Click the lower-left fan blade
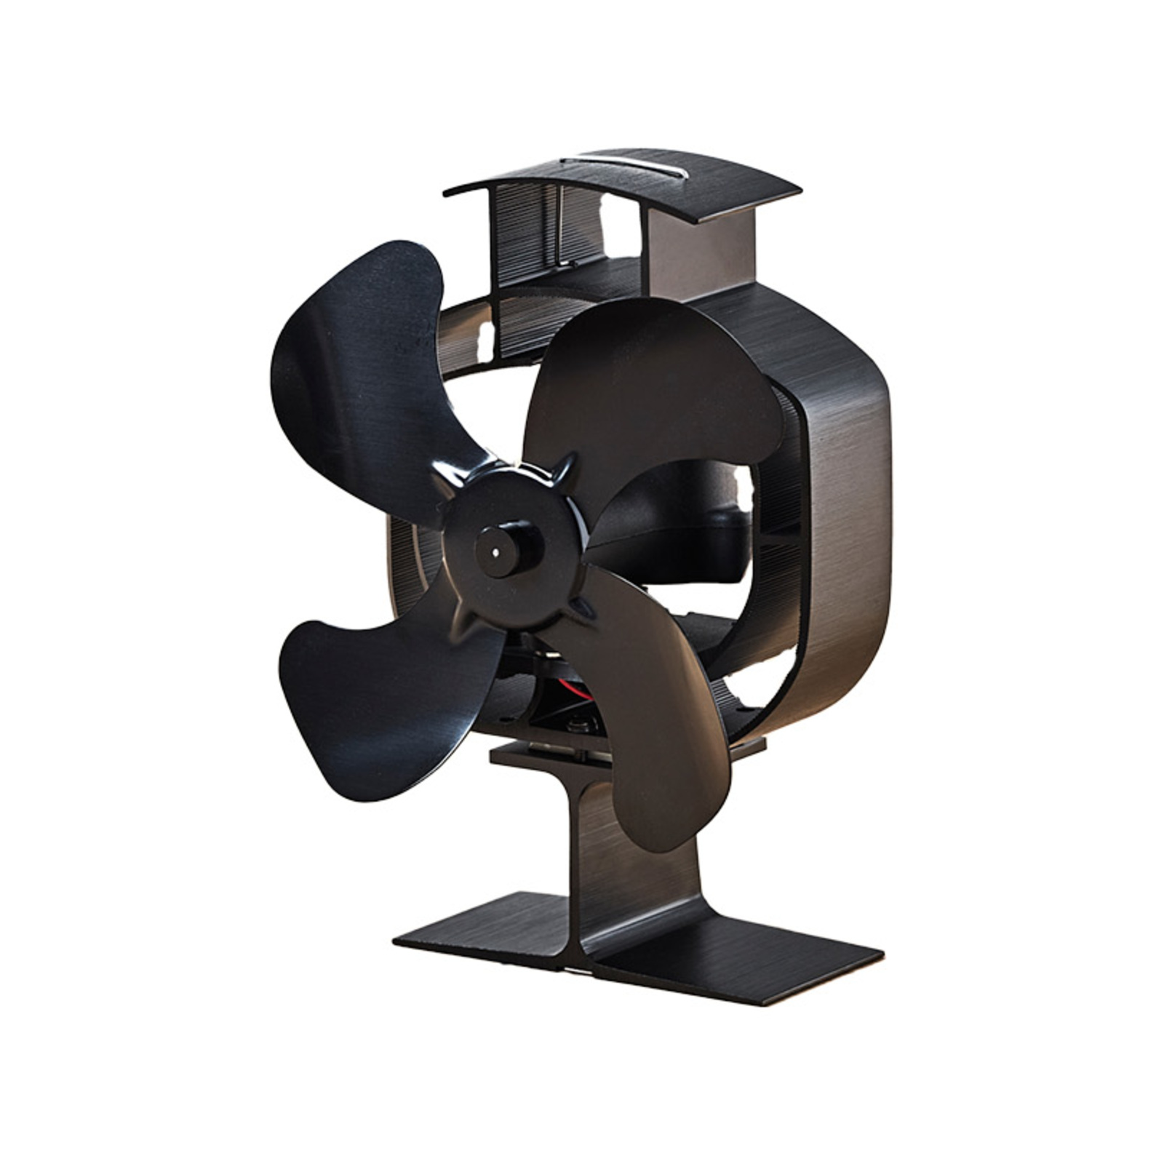[x=364, y=698]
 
